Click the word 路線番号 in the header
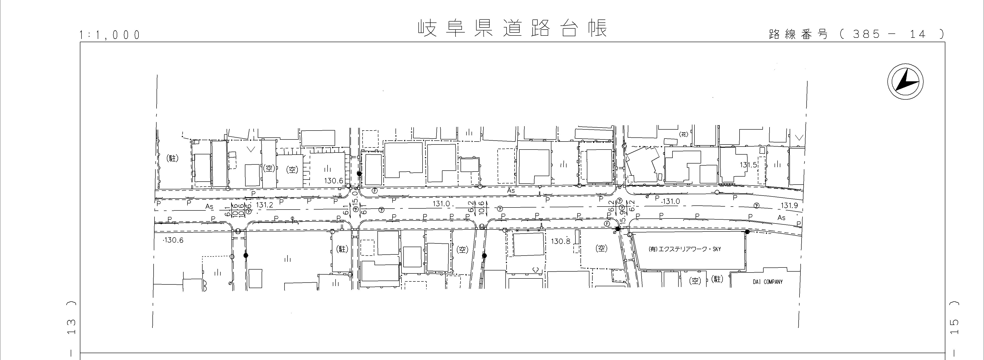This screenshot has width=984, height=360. click(x=798, y=34)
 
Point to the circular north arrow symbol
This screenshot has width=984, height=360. click(x=905, y=82)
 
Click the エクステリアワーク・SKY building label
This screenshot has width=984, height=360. click(x=685, y=249)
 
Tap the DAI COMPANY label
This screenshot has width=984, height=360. click(x=767, y=282)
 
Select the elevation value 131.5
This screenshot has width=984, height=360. click(x=748, y=165)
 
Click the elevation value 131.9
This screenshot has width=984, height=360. click(x=789, y=206)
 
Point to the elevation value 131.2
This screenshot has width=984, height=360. click(x=265, y=205)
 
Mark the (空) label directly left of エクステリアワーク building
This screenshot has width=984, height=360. click(x=601, y=248)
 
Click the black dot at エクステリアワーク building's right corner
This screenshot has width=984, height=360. click(x=747, y=232)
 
